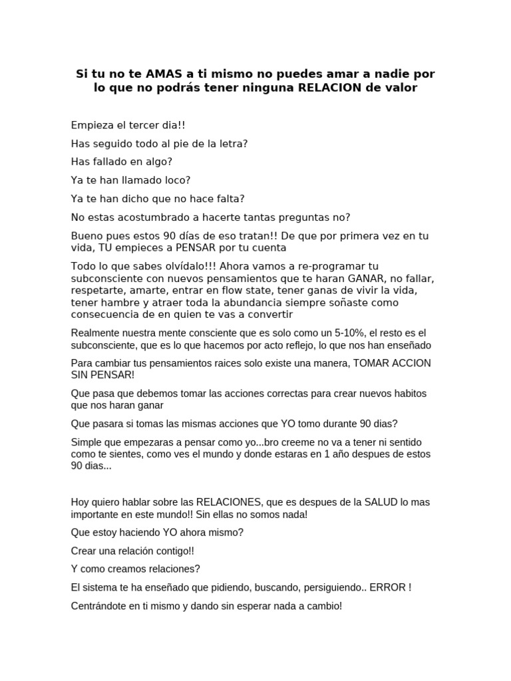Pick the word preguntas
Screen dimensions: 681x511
point(304,217)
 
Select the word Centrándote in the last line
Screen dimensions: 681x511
point(99,607)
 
